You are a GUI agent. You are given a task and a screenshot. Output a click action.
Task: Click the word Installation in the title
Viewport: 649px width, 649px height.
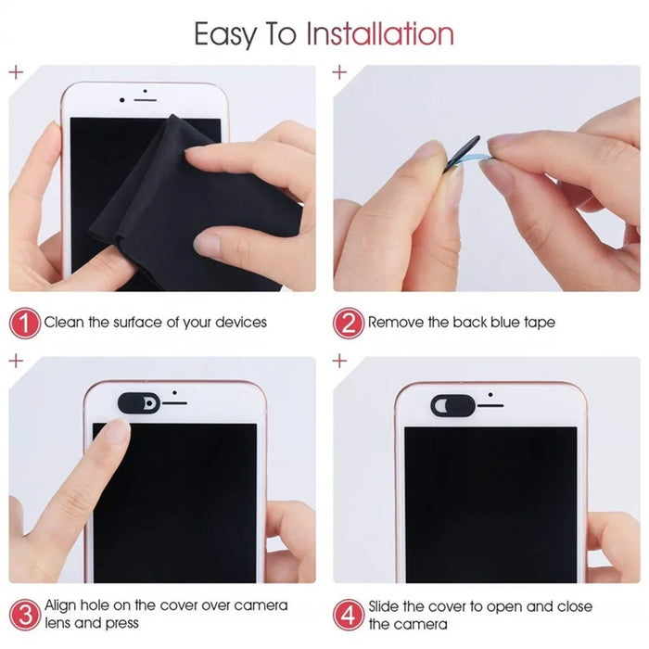coord(380,34)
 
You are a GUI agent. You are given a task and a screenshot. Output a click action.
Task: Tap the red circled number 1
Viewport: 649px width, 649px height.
coord(25,323)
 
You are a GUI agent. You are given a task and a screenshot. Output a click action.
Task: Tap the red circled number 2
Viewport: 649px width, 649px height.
coord(349,323)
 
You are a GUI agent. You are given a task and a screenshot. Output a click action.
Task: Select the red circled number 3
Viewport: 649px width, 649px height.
coord(25,614)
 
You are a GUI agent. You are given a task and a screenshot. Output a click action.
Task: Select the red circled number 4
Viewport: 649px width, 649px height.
coord(349,614)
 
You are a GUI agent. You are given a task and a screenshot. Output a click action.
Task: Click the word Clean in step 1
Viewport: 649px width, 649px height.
coord(65,323)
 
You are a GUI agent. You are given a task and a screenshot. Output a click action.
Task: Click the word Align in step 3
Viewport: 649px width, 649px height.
coord(63,605)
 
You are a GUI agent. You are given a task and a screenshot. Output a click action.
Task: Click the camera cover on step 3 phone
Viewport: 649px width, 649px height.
coord(139,402)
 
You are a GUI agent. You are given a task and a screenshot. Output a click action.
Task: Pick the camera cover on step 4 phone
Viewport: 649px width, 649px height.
coord(452,404)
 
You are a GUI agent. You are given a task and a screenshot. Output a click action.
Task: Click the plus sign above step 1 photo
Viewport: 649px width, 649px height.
coord(16,71)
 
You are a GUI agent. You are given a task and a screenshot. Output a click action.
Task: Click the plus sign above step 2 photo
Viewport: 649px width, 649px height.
coord(339,71)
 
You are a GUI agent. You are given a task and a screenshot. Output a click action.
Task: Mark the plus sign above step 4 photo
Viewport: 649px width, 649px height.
coord(339,360)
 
